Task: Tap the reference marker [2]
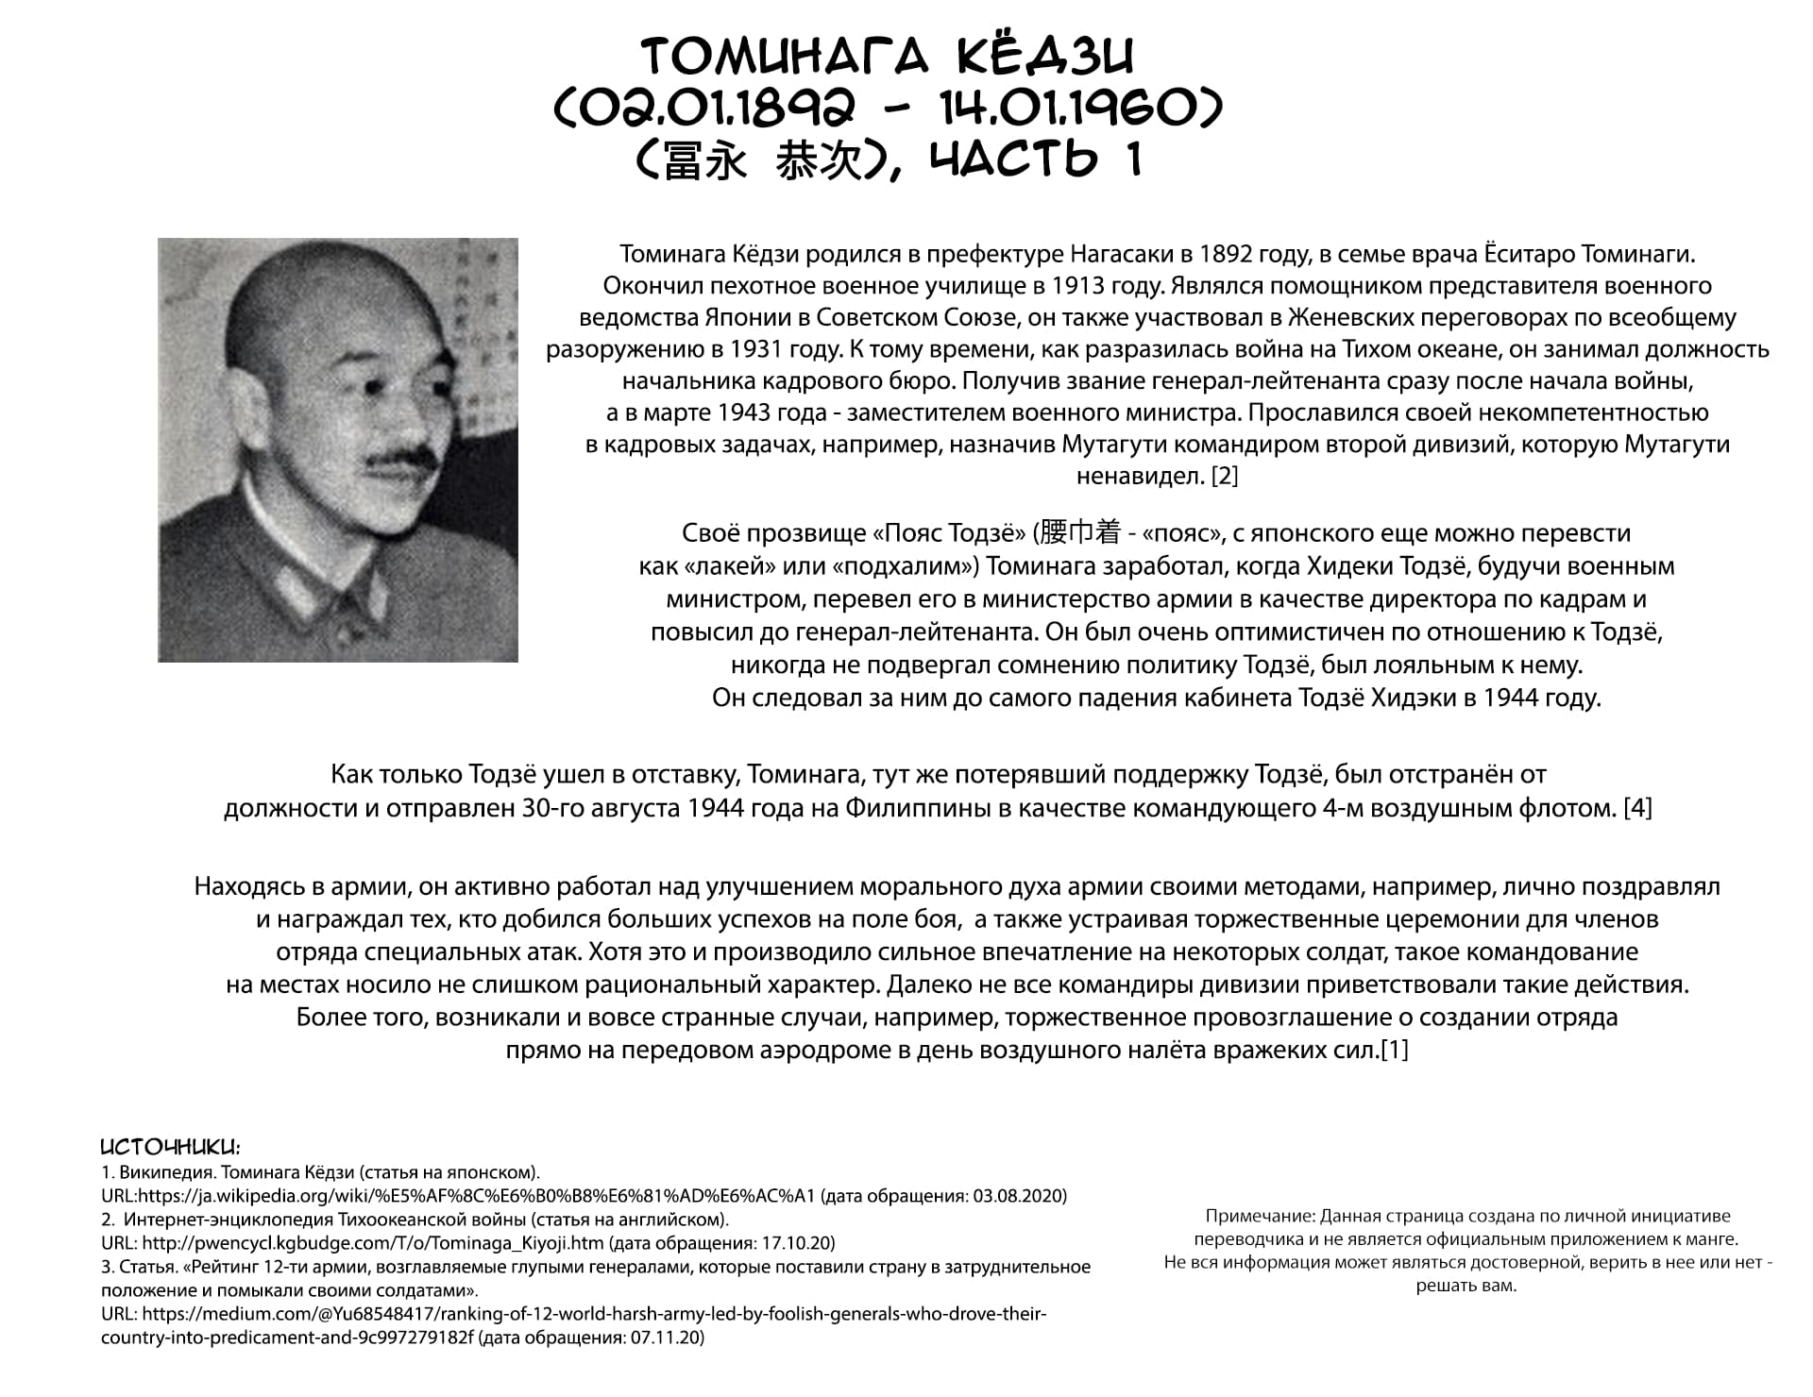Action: click(1224, 476)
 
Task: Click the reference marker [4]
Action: click(1637, 808)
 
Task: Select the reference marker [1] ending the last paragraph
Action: click(1395, 1050)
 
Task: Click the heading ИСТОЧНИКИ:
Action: click(170, 1148)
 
